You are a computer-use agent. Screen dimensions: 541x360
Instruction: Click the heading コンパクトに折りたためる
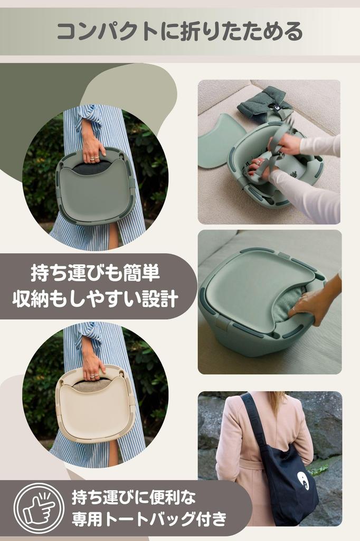(x=179, y=32)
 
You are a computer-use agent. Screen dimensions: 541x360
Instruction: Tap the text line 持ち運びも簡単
(x=95, y=275)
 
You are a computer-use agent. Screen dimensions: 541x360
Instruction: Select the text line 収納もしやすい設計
(x=95, y=299)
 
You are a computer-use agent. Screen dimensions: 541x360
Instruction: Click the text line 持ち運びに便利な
(x=134, y=497)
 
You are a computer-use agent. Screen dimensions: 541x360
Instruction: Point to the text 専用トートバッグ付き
(x=149, y=519)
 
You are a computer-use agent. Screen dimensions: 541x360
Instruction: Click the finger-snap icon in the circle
(x=39, y=508)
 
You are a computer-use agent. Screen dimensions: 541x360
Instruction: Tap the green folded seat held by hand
(x=95, y=188)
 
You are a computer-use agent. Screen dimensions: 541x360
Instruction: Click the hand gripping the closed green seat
(x=311, y=304)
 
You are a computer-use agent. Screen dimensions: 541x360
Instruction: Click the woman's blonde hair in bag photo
(x=277, y=402)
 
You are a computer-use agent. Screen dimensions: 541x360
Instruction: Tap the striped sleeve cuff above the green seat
(x=87, y=114)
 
